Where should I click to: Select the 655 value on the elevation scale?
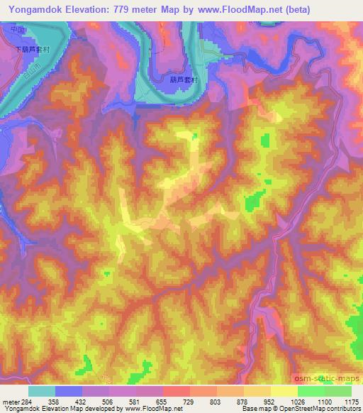[x=162, y=401]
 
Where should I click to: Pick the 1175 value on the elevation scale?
[x=351, y=401]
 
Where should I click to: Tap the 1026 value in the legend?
[x=297, y=401]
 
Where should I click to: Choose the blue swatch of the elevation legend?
[x=68, y=391]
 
